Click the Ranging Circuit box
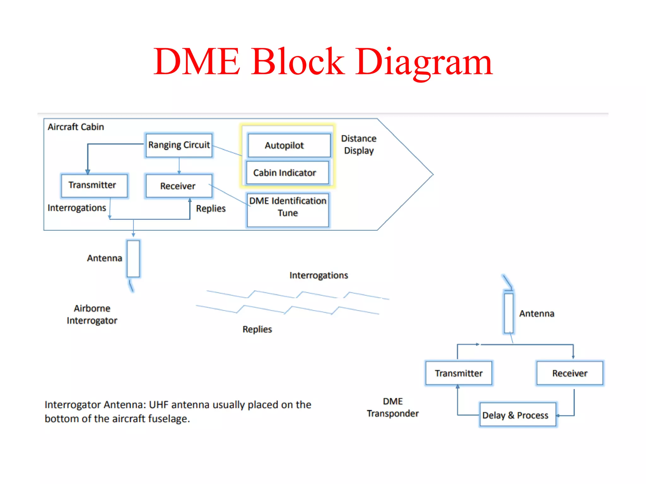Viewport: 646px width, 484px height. [x=179, y=145]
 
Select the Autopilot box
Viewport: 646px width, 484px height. [x=289, y=146]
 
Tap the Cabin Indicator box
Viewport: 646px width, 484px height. [x=287, y=173]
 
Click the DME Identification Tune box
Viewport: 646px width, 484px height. [x=288, y=210]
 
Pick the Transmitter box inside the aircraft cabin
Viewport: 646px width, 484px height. [x=94, y=186]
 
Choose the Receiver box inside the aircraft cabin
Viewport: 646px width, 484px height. [x=179, y=186]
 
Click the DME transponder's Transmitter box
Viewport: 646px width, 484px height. [x=458, y=373]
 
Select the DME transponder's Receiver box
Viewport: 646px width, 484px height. [x=570, y=373]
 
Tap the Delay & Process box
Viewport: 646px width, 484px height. [x=517, y=415]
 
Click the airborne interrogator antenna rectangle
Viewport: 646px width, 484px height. [x=133, y=259]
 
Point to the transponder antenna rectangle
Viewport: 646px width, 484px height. [x=508, y=313]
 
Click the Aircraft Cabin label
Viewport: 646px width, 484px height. [x=76, y=127]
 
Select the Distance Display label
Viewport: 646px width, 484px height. [x=359, y=145]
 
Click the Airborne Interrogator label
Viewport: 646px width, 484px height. [x=92, y=314]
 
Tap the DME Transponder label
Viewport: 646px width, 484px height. [x=393, y=407]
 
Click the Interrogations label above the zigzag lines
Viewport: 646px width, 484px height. [x=319, y=275]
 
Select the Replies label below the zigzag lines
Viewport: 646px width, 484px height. [x=257, y=329]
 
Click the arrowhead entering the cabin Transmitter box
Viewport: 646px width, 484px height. [x=88, y=172]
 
